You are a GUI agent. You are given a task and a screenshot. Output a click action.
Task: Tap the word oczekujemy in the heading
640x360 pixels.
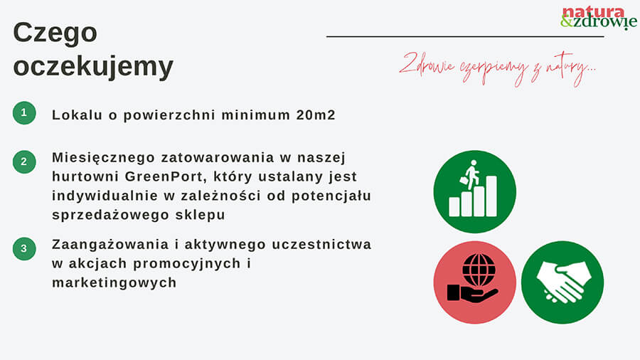coord(93,67)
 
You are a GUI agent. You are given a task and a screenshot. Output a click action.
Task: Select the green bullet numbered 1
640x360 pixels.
coord(24,112)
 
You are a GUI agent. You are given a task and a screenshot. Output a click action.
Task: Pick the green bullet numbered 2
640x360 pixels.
coord(24,162)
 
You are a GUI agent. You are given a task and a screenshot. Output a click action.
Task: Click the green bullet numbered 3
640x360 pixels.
coord(24,248)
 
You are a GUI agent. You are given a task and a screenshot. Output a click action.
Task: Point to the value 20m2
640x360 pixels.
coord(316,115)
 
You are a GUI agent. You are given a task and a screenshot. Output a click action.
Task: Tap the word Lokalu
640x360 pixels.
coord(77,115)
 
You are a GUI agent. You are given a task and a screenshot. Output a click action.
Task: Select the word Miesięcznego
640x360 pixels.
coord(104,158)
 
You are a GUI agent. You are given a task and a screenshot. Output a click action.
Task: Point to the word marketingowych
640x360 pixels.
coord(114,283)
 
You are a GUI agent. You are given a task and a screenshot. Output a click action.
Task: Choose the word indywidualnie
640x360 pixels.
coord(105,196)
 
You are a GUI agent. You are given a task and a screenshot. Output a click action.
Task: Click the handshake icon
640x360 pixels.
coord(564,282)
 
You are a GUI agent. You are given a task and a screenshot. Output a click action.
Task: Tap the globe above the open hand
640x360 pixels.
coord(479,270)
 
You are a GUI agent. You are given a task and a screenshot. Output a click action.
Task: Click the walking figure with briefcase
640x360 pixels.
coord(471,175)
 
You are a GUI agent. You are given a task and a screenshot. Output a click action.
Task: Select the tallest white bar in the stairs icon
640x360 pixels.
coord(491,196)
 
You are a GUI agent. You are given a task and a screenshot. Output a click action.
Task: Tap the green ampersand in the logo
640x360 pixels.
coord(567,21)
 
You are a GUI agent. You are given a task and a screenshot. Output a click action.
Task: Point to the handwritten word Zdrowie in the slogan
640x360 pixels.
coord(427,64)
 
